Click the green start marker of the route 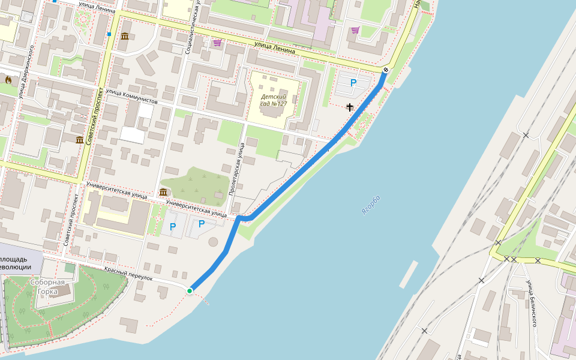[190, 291]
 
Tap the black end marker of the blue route [385, 70]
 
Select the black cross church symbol [350, 107]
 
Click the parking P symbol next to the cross [353, 83]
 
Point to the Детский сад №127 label [274, 100]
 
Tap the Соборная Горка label [47, 287]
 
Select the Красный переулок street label [128, 275]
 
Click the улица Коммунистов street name [131, 97]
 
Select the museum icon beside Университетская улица [163, 192]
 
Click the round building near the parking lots [214, 242]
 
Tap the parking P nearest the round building [202, 224]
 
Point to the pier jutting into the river [407, 274]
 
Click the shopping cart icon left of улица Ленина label [217, 43]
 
